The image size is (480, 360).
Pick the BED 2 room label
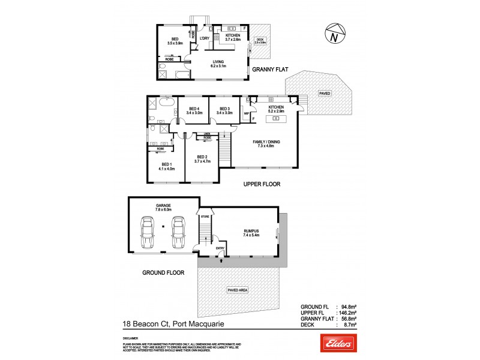[x=202, y=157]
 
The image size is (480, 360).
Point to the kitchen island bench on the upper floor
[x=275, y=119]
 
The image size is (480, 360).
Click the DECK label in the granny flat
[x=260, y=40]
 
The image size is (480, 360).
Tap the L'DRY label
[x=204, y=38]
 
